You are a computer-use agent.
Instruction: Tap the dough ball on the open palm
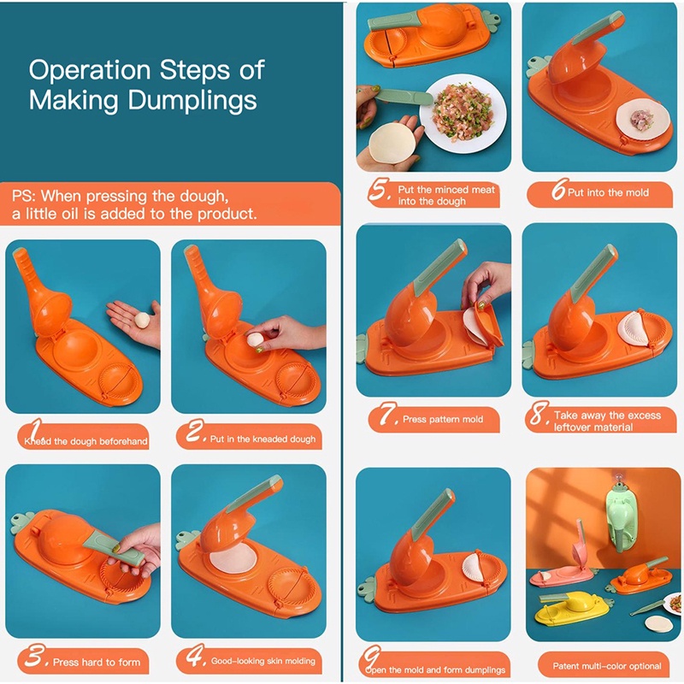click(x=142, y=320)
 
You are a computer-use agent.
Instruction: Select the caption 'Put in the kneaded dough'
click(x=262, y=439)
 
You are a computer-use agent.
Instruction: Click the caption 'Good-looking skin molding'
click(x=262, y=661)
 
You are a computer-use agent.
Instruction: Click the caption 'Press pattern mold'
click(x=443, y=419)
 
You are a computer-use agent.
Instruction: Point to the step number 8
click(x=538, y=418)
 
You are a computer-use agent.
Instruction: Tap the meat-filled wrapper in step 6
click(x=642, y=119)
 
